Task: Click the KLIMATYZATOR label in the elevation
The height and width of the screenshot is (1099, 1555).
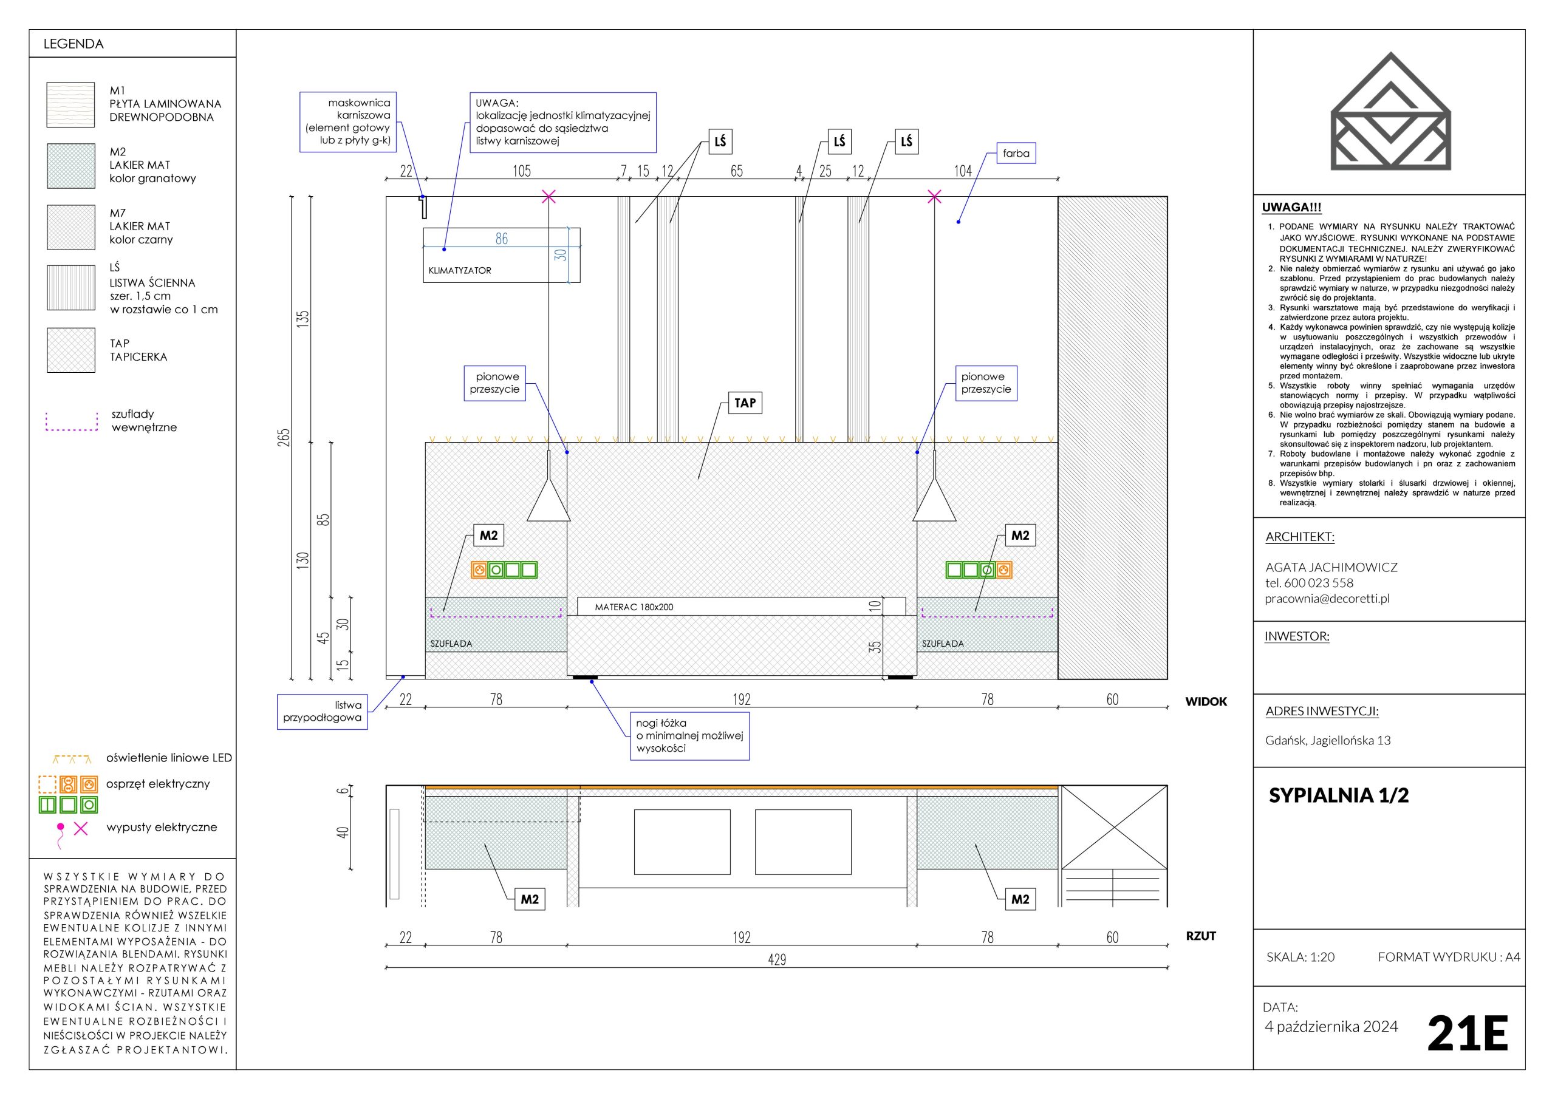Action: click(460, 270)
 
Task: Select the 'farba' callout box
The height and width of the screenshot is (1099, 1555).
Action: click(1016, 153)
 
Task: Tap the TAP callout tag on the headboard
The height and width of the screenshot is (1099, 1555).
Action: click(745, 403)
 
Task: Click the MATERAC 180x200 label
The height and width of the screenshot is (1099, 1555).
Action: click(634, 607)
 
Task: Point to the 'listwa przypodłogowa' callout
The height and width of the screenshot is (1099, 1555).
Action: click(323, 711)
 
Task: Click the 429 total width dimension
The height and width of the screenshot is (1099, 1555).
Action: click(777, 959)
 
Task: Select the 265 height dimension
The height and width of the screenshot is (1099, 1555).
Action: click(284, 437)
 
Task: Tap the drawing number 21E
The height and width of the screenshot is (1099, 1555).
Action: click(1467, 1033)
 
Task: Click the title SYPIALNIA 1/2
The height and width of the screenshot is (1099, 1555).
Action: click(1338, 795)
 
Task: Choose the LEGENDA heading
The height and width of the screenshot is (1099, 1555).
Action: click(73, 44)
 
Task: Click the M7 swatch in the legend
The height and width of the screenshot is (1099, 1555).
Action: click(71, 228)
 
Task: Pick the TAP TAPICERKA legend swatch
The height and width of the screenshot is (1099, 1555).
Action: click(71, 350)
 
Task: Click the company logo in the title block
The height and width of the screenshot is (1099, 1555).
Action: click(1391, 111)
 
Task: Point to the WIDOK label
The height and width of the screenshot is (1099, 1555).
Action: click(1206, 701)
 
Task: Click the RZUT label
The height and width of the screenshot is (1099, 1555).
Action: click(1201, 936)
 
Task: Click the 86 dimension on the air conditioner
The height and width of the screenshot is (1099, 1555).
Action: click(502, 239)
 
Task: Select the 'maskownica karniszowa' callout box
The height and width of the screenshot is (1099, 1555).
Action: click(348, 122)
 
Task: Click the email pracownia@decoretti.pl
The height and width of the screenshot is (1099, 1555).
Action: click(1327, 599)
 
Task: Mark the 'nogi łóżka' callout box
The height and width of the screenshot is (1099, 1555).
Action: click(689, 735)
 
